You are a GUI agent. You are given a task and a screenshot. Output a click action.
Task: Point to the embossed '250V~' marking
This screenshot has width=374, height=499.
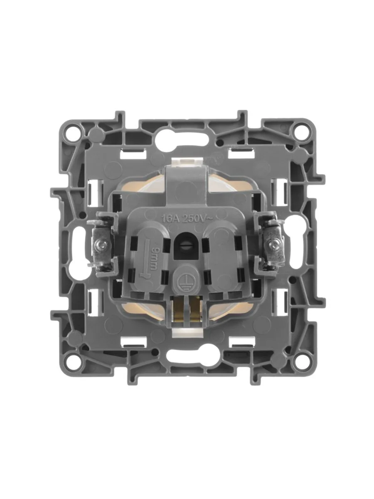pyautogui.click(x=197, y=219)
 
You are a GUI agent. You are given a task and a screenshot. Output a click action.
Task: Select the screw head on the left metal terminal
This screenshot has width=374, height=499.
pyautogui.click(x=103, y=245)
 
